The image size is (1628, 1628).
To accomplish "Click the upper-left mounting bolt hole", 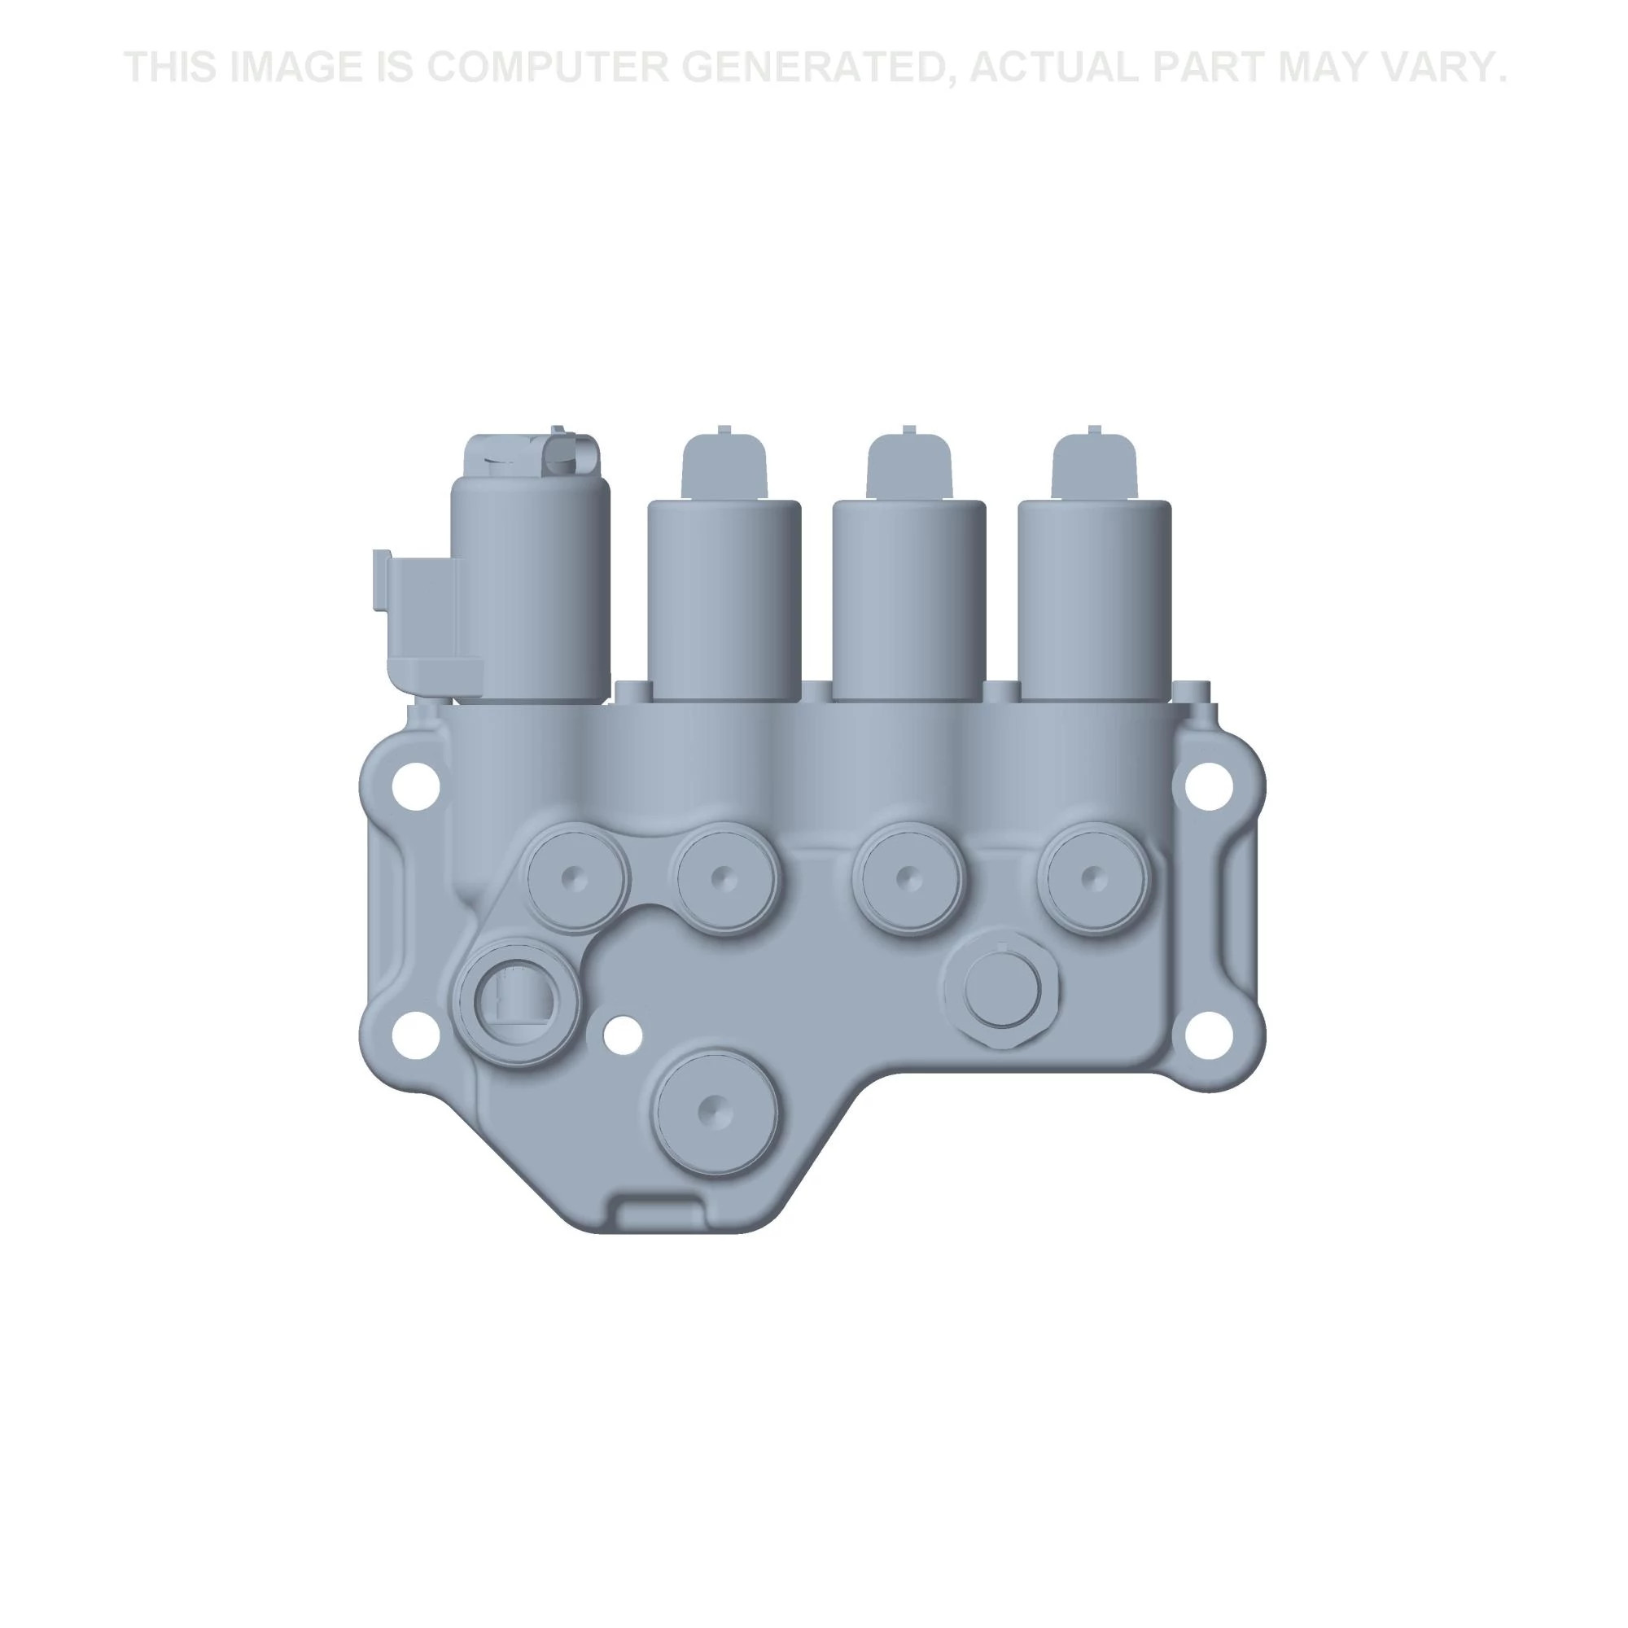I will point(414,786).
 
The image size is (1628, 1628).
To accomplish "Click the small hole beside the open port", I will point(623,1035).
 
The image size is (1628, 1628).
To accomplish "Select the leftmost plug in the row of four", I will point(576,877).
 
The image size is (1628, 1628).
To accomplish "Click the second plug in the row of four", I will point(724,879).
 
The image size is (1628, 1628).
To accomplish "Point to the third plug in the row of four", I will point(908,879).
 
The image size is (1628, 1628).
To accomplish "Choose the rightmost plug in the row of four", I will point(1093,879).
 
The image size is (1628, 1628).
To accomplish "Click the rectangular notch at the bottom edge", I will point(659,1217).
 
